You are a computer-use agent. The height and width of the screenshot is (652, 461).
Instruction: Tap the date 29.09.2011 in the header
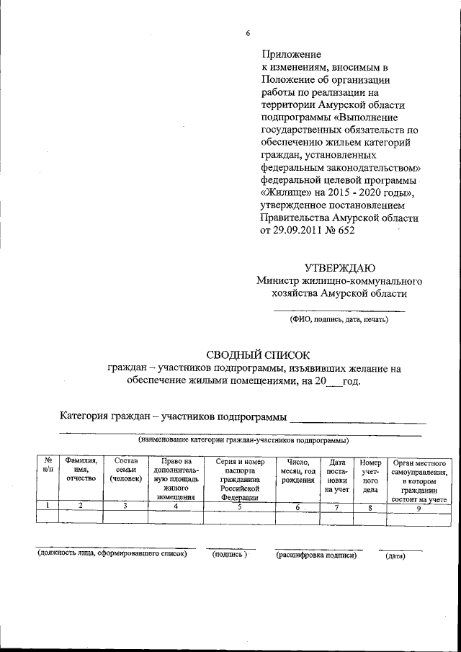pyautogui.click(x=297, y=231)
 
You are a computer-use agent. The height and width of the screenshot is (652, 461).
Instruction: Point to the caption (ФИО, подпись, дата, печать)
pyautogui.click(x=339, y=320)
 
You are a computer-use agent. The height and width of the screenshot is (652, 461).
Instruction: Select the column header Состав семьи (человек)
pyautogui.click(x=125, y=470)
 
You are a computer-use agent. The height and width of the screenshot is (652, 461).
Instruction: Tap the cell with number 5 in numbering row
pyautogui.click(x=240, y=506)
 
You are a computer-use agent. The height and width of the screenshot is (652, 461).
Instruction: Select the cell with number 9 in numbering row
pyautogui.click(x=419, y=506)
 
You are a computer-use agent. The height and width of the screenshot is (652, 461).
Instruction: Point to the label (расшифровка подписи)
pyautogui.click(x=315, y=555)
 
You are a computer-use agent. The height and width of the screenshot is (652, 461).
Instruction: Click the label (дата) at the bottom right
pyautogui.click(x=395, y=555)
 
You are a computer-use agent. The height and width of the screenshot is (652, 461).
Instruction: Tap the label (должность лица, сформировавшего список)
pyautogui.click(x=112, y=554)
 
